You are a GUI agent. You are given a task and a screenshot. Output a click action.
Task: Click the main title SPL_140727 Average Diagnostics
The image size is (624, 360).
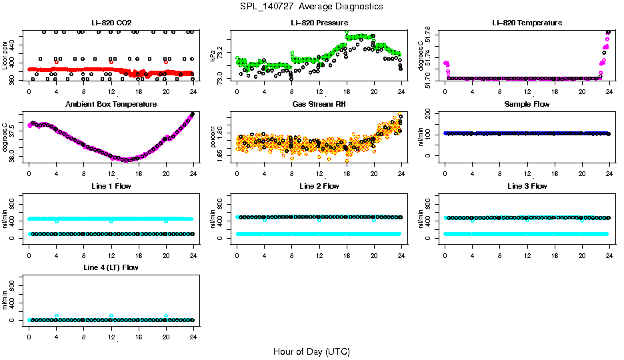coord(312,6)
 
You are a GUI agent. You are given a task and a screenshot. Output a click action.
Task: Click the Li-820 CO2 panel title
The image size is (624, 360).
coord(111,23)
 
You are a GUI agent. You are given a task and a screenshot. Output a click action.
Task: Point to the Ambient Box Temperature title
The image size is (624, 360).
coord(111,105)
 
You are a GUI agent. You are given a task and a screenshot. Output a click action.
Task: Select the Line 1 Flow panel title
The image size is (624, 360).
coord(111,186)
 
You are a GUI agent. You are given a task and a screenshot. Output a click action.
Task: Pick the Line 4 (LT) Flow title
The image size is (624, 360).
coord(111,267)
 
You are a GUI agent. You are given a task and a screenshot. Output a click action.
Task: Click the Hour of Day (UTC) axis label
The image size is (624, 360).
coord(311,351)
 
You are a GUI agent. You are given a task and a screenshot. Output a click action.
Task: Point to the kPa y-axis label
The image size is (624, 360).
coord(213,55)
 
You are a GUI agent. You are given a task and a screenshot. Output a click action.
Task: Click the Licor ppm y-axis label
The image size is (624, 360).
coord(5,55)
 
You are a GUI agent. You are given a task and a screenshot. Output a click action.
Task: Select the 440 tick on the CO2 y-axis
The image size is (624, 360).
coord(13,42)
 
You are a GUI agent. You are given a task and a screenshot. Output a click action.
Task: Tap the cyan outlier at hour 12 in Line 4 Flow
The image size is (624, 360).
coord(111,315)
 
